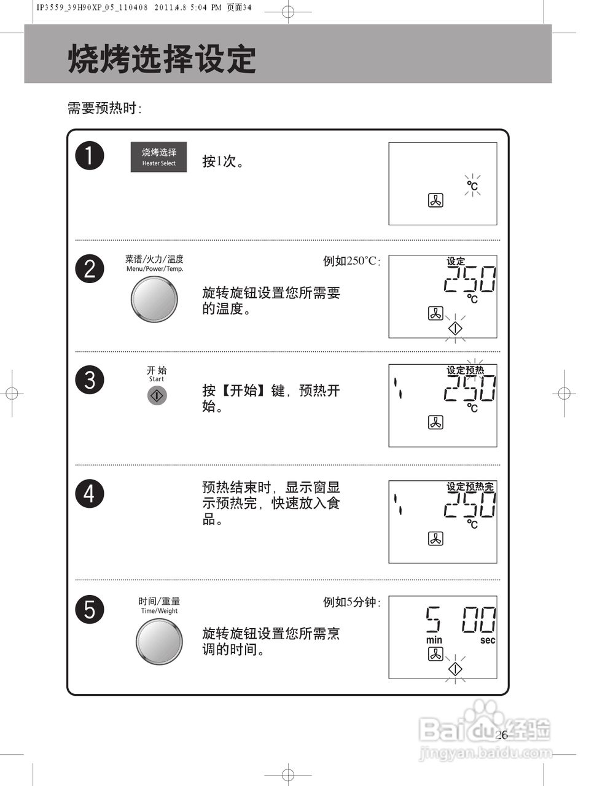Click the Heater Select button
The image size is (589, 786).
coord(158,157)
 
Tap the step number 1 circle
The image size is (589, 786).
coord(90,156)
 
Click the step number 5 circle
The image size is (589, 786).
coord(90,610)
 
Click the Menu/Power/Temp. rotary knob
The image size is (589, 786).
coord(154,299)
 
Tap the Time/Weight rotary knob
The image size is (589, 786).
coord(158,641)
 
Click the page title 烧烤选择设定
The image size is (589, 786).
coord(162,60)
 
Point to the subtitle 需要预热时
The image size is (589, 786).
coord(104,109)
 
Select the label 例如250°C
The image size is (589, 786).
coord(351,261)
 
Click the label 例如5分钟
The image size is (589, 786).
coord(351,602)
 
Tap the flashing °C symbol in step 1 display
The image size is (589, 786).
coord(472,185)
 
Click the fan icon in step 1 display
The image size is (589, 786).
coord(435,200)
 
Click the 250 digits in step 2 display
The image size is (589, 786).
coord(470,280)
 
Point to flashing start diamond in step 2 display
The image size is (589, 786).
coord(455,329)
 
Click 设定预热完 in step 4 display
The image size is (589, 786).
coord(470,486)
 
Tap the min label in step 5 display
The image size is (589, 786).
coord(434,640)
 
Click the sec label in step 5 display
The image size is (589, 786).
coord(488,640)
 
